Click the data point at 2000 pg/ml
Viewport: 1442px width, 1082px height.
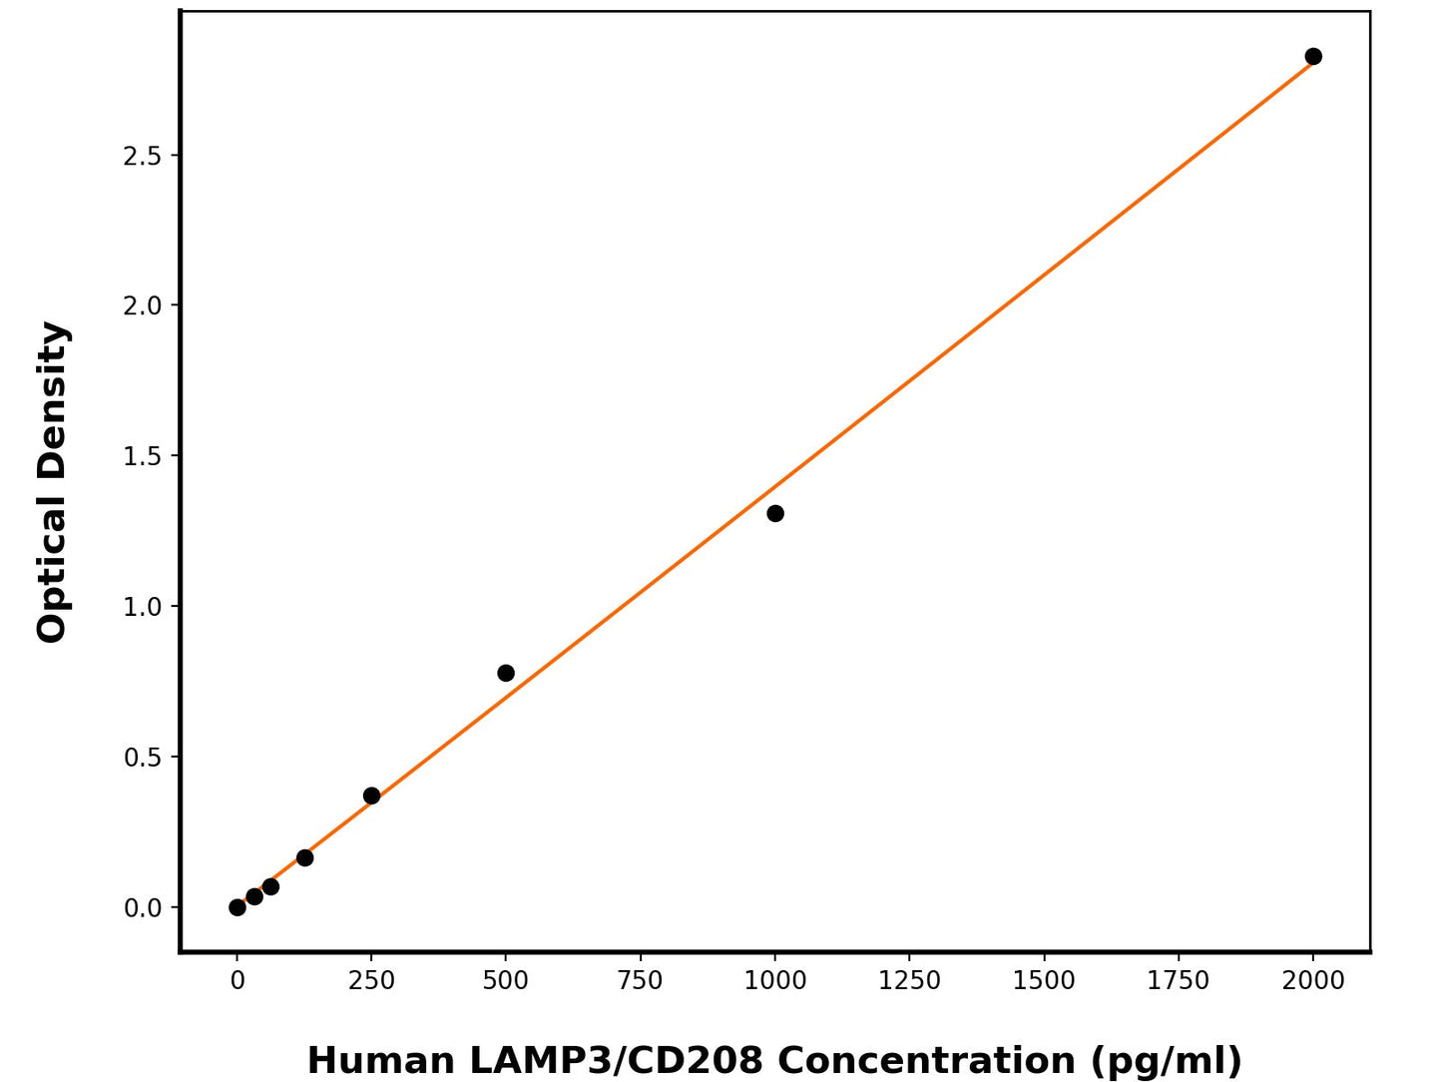(x=1313, y=57)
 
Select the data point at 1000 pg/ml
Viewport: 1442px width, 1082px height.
(x=775, y=514)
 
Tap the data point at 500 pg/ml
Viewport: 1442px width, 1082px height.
(x=506, y=674)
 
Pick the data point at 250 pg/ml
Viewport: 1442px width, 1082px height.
(x=371, y=797)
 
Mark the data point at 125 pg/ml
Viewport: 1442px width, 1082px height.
(x=304, y=858)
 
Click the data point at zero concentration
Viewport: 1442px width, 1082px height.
(x=238, y=907)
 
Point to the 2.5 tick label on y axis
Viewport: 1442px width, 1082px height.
(x=143, y=156)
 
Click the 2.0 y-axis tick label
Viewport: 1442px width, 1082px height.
(x=143, y=305)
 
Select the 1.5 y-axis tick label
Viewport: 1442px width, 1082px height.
(x=143, y=456)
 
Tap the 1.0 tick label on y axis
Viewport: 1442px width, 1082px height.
(x=143, y=607)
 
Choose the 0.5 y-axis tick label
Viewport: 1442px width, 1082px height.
(x=143, y=758)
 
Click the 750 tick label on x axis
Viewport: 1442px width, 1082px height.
(x=641, y=981)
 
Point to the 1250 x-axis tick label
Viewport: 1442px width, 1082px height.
(x=909, y=981)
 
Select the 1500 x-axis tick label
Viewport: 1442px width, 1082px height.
(x=1044, y=981)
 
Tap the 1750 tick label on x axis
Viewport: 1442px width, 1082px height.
(x=1179, y=981)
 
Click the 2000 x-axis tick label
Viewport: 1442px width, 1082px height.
(x=1313, y=981)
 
